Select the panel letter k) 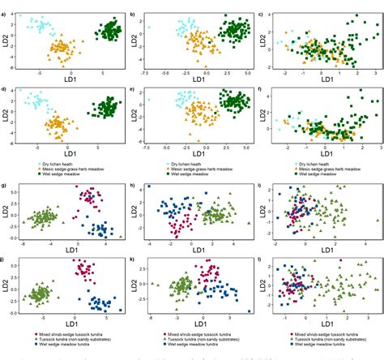point(132,259)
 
